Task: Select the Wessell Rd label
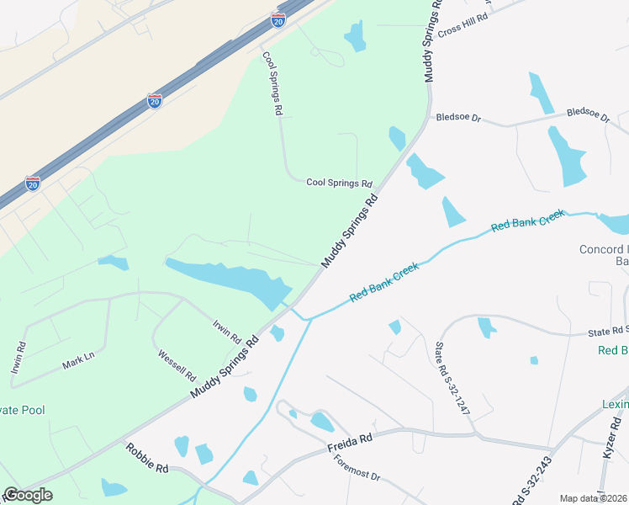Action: [177, 364]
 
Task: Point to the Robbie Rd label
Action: [147, 460]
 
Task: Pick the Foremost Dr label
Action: [357, 467]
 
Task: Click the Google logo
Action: [28, 494]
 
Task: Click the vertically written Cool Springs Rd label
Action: [271, 82]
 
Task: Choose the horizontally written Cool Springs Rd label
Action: [339, 183]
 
